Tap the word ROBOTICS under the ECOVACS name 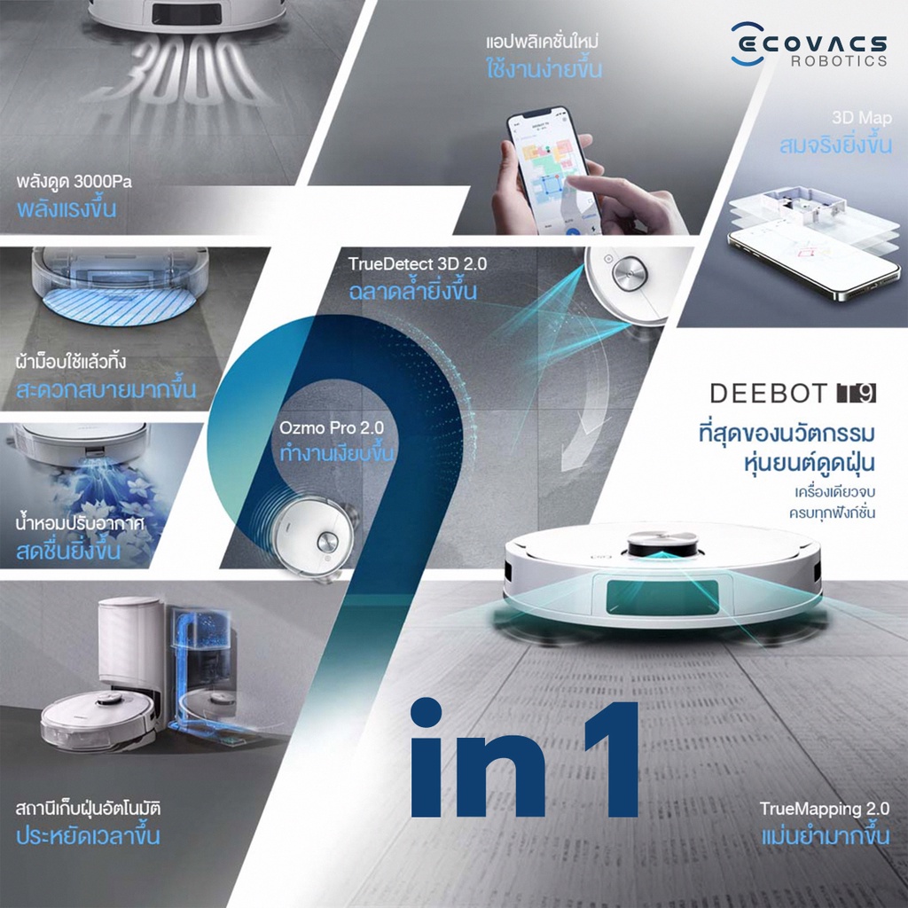tap(839, 61)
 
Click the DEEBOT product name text tap(768, 394)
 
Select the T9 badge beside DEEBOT tap(857, 393)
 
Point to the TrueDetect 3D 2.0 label tap(418, 264)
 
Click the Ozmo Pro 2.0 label tap(332, 428)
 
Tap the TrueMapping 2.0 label tap(824, 809)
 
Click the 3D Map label tap(862, 118)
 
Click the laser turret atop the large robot tap(663, 544)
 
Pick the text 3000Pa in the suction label tap(103, 182)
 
